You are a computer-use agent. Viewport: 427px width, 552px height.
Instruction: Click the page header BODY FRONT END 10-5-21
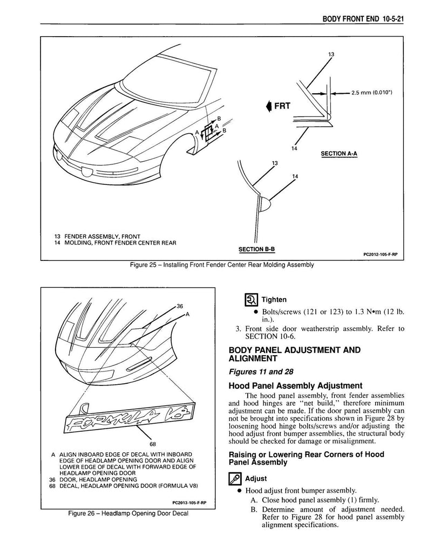coord(363,19)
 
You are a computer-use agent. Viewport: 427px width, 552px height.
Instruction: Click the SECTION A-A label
coord(339,154)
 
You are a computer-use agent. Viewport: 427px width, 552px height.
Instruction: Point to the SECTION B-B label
coord(256,249)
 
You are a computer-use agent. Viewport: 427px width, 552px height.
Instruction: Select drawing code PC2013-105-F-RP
coord(189,503)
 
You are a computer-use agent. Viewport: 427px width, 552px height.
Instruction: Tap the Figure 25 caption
coord(222,265)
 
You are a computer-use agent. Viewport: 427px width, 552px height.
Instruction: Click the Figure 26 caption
coord(128,513)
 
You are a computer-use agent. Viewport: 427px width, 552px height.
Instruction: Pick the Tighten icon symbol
coord(250,300)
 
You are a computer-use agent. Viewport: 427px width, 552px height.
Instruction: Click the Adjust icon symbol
coord(235,479)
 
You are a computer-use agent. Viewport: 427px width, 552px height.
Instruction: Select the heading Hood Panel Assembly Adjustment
coord(295,385)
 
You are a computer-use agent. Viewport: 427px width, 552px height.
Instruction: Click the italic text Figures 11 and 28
coord(261,372)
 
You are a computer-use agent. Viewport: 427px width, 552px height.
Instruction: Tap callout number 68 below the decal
coord(153,444)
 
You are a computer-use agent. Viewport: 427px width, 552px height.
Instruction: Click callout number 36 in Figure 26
coord(180,306)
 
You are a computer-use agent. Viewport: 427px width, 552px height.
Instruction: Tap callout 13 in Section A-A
coord(331,54)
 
